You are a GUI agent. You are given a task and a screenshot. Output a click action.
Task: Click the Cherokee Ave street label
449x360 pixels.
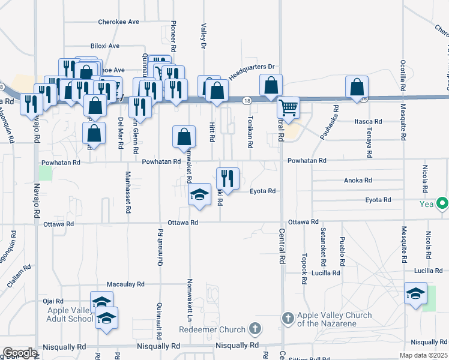click(119, 22)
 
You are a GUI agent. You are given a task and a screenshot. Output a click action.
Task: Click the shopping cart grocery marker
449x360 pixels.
click(289, 107)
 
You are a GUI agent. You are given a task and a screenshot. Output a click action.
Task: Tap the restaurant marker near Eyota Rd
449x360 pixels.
click(228, 178)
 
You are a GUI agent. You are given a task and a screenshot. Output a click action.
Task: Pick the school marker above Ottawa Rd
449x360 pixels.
click(199, 194)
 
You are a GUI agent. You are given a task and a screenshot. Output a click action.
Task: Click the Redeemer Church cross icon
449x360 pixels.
click(256, 328)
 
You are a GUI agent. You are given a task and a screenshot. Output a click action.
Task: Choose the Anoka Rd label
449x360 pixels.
click(358, 180)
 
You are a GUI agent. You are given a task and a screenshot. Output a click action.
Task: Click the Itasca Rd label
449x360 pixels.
click(364, 121)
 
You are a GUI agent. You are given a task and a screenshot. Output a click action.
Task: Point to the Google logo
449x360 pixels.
click(19, 353)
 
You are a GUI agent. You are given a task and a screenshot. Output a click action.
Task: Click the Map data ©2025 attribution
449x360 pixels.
click(423, 355)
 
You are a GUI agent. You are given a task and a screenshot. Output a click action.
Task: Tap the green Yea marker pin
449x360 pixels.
click(443, 204)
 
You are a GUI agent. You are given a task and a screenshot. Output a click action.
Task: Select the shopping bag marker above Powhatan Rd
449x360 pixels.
click(184, 136)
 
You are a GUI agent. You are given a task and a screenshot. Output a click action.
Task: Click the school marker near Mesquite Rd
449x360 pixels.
click(415, 293)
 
